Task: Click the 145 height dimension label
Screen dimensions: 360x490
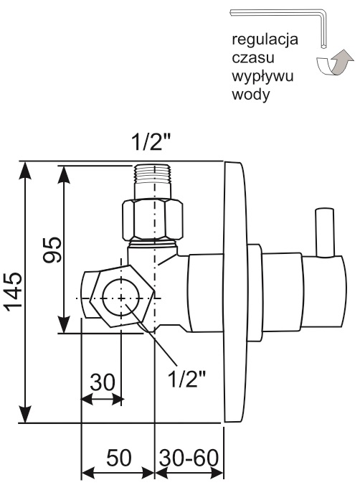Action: click(x=14, y=292)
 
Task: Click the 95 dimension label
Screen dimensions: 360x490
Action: click(x=52, y=249)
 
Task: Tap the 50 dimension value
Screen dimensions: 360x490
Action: click(x=119, y=458)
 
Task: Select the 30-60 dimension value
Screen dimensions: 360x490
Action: click(x=189, y=458)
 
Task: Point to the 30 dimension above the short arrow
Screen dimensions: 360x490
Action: click(x=103, y=382)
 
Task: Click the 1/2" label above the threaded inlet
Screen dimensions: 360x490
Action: click(x=151, y=143)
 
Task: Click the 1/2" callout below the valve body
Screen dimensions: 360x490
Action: click(x=187, y=379)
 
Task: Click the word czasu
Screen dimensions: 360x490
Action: click(x=253, y=57)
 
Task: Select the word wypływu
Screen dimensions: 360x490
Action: click(x=262, y=77)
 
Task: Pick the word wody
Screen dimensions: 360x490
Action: click(x=250, y=94)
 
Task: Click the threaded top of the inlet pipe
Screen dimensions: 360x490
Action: click(x=153, y=174)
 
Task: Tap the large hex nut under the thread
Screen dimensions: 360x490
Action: click(x=152, y=220)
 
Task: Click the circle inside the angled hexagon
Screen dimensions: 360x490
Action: click(x=122, y=298)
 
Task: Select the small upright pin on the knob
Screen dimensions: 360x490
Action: click(x=324, y=232)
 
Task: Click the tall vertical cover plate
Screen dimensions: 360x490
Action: click(x=235, y=293)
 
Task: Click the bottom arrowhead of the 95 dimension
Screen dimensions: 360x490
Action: click(x=64, y=325)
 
